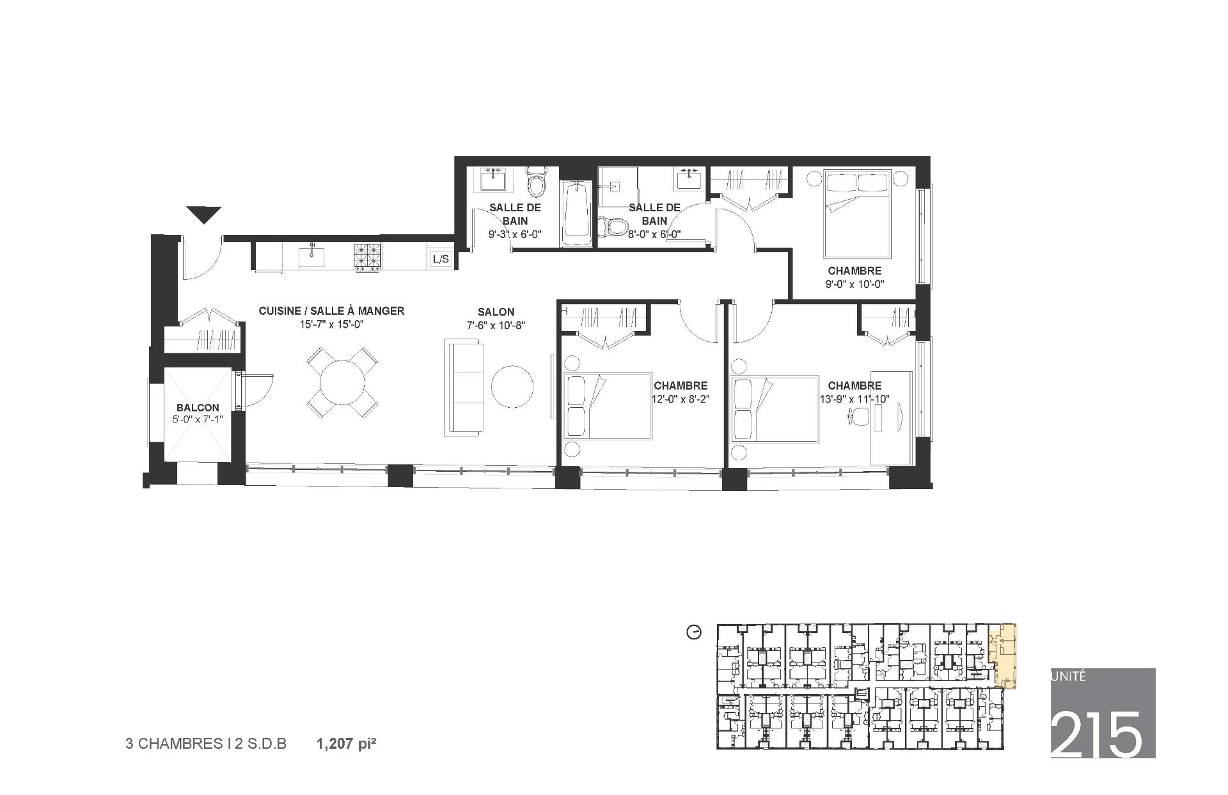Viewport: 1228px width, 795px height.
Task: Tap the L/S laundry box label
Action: (441, 259)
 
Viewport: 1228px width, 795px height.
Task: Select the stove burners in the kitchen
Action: (367, 257)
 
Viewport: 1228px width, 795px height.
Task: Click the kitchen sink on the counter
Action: (312, 257)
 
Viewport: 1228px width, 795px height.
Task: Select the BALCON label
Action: (198, 408)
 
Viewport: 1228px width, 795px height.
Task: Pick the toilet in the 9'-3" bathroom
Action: (535, 182)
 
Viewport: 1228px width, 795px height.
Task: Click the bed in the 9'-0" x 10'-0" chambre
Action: (857, 214)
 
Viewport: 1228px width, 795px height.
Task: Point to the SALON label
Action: (496, 312)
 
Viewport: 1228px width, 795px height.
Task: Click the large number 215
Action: (1096, 734)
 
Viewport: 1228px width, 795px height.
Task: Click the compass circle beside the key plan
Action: (693, 633)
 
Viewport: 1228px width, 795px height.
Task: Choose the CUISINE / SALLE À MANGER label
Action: (331, 311)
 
